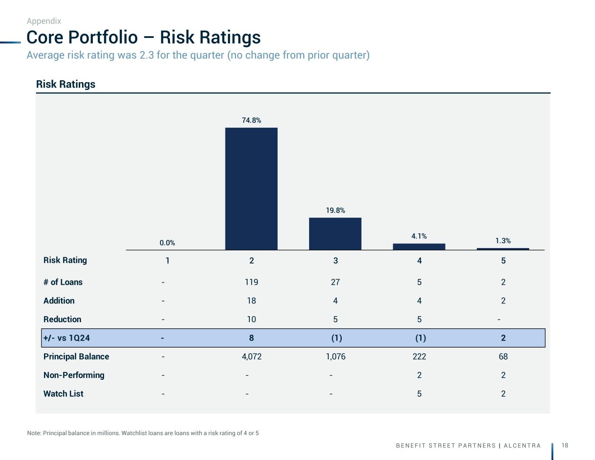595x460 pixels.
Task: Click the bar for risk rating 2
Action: (x=251, y=188)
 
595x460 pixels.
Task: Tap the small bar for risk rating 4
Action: (x=419, y=246)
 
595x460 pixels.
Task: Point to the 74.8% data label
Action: (x=252, y=120)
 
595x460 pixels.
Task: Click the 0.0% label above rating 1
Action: (x=167, y=243)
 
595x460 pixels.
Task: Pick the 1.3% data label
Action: (x=503, y=241)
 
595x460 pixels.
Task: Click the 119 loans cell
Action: (x=252, y=282)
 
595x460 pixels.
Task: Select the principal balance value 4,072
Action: (x=252, y=357)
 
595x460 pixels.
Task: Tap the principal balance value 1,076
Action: (x=336, y=357)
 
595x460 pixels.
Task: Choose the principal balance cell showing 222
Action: (x=419, y=357)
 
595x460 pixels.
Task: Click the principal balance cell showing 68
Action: (x=503, y=357)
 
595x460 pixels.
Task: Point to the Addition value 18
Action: (x=252, y=301)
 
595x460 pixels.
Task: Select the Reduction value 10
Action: (x=252, y=320)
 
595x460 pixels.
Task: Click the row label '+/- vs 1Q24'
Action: (x=67, y=338)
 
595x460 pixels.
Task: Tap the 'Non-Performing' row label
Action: (x=74, y=375)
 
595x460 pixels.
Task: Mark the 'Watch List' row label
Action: (x=63, y=394)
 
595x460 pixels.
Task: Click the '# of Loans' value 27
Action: (x=335, y=282)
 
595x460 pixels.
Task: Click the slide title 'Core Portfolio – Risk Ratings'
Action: (x=143, y=37)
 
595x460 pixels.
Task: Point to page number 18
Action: (x=565, y=445)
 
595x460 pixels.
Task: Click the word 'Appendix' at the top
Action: (x=44, y=21)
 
